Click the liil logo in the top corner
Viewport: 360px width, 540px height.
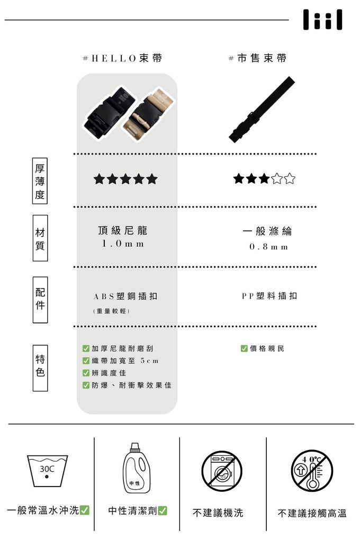coord(322,20)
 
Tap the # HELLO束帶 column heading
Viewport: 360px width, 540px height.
coord(122,58)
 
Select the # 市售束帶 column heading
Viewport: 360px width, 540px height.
coord(257,58)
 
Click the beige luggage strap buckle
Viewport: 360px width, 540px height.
coord(149,115)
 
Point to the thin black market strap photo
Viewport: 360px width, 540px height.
coord(262,110)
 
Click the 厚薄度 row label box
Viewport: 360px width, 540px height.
coord(40,181)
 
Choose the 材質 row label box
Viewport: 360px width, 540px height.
coord(40,238)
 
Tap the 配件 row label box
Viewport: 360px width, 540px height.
coord(40,300)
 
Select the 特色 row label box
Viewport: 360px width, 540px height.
coord(40,368)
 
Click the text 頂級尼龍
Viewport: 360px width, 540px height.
coord(123,230)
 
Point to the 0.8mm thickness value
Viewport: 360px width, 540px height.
coord(269,247)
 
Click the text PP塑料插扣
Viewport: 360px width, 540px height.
coord(269,296)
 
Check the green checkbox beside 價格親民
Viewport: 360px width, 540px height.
coord(244,348)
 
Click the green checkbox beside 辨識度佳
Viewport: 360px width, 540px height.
coord(86,373)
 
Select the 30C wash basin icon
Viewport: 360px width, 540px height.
coord(47,471)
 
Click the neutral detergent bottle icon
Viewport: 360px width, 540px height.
coord(134,468)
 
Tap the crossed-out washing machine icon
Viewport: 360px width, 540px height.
coord(222,471)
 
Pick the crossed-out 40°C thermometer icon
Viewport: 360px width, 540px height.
coord(312,471)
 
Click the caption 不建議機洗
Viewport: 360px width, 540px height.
coord(218,513)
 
